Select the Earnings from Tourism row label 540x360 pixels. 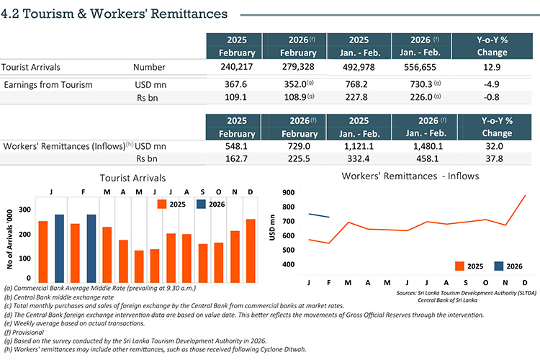coord(48,84)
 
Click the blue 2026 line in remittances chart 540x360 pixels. coord(319,215)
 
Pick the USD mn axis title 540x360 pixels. coord(273,228)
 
